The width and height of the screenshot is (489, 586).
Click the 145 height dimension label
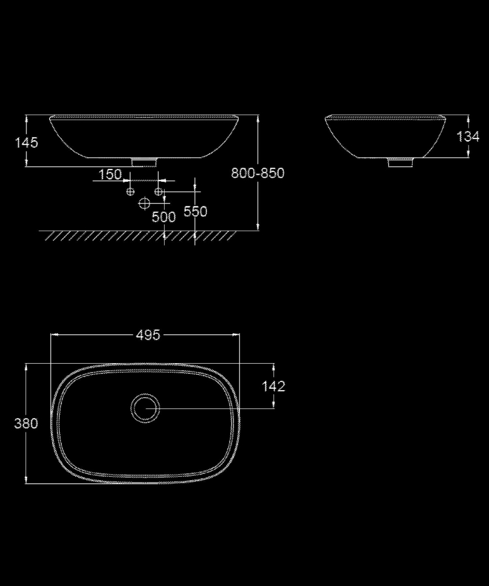[28, 142]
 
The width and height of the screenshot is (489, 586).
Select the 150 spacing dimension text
[110, 174]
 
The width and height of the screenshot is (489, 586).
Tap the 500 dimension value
[164, 217]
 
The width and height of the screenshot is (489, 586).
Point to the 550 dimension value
[195, 211]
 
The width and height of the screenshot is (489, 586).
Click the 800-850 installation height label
[257, 173]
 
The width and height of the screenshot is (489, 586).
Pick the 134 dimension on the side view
[468, 136]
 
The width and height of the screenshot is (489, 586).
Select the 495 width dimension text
[148, 335]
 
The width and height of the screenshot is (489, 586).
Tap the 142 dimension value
[274, 386]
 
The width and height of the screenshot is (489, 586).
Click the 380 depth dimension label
[26, 423]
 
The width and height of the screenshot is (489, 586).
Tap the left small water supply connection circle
[131, 192]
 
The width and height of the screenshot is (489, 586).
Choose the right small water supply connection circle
[158, 192]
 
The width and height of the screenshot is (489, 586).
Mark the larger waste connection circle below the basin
[144, 204]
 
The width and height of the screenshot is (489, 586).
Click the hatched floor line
[138, 235]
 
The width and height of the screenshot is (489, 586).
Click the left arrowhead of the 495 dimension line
[55, 335]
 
